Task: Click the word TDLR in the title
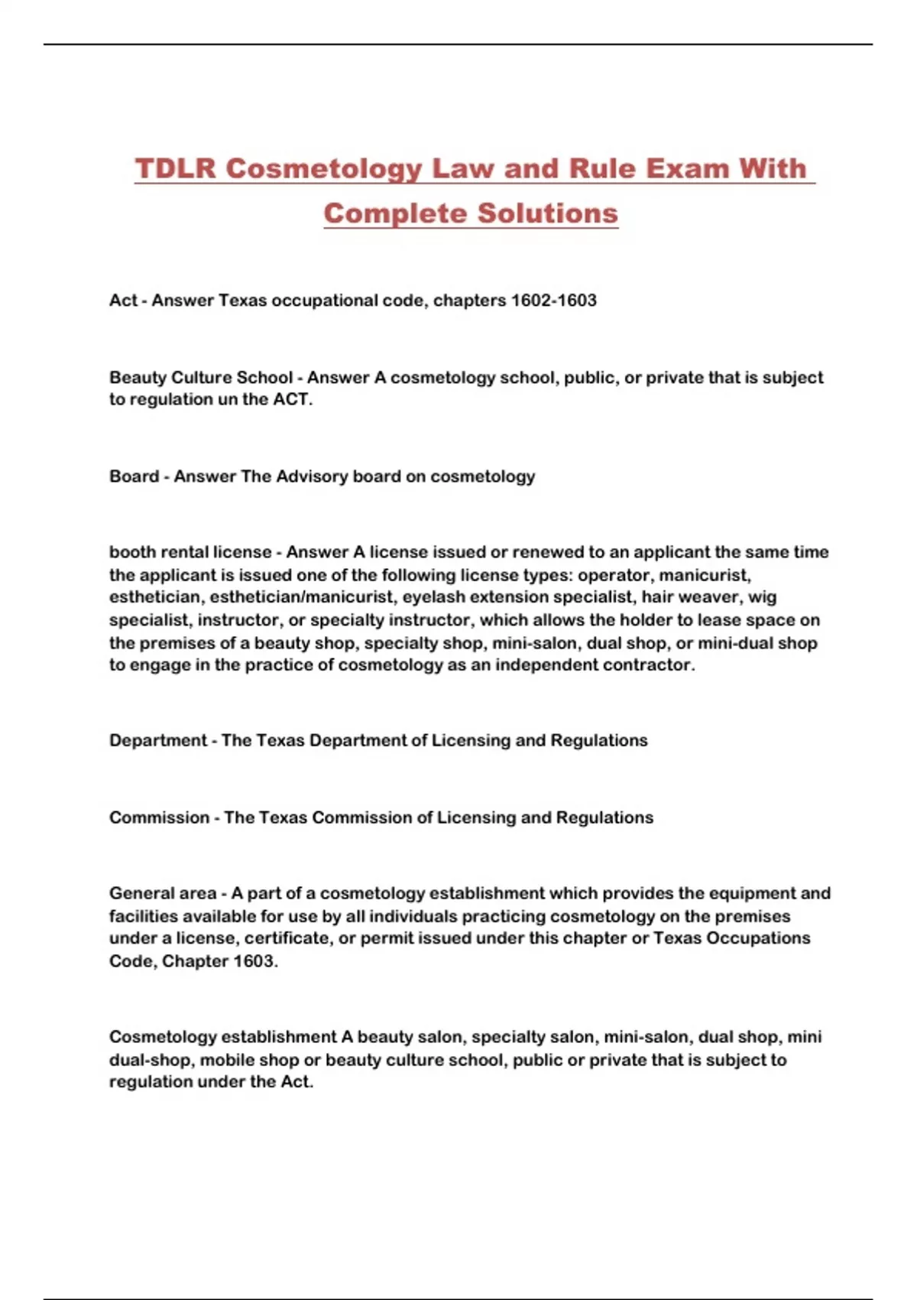tap(176, 169)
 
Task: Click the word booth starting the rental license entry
tap(134, 552)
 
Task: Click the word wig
tap(762, 597)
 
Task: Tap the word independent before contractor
tap(546, 665)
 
